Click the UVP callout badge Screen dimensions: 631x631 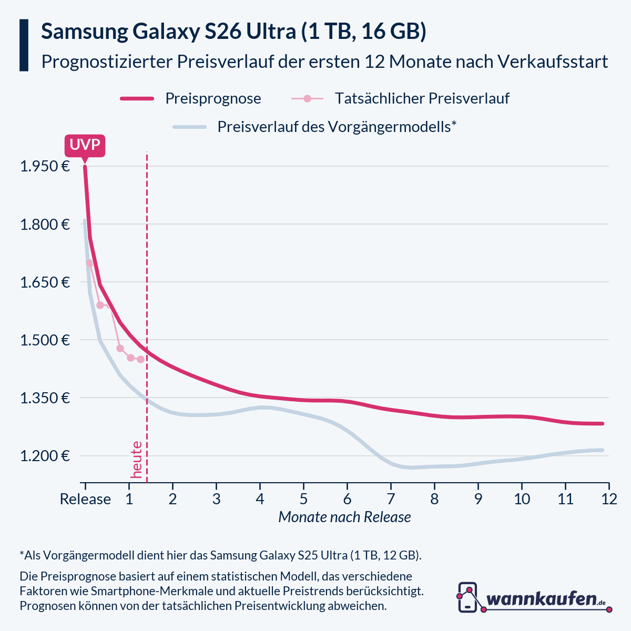(85, 145)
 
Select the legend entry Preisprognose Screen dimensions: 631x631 (212, 98)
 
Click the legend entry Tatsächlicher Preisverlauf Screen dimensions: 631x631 (422, 98)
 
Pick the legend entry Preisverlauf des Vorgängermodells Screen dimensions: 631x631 (337, 127)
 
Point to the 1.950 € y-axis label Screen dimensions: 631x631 (45, 167)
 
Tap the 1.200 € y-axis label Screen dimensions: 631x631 (45, 456)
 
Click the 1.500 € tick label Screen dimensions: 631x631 (45, 340)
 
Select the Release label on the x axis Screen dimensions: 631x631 (85, 498)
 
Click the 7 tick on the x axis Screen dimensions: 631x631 (391, 498)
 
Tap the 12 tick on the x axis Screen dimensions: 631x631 (609, 498)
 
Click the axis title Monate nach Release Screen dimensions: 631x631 (344, 517)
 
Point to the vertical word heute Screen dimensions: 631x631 (137, 460)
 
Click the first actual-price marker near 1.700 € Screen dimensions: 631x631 (89, 263)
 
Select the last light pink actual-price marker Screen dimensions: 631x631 (140, 359)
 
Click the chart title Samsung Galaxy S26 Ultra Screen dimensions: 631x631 (233, 32)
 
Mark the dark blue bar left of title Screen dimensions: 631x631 (24, 45)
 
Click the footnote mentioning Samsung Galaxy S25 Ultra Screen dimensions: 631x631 (221, 555)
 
